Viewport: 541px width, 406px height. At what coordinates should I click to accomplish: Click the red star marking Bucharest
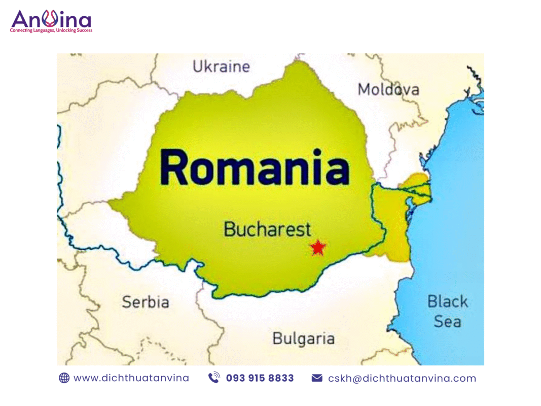point(317,248)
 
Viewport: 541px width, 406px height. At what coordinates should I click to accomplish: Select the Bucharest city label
point(267,229)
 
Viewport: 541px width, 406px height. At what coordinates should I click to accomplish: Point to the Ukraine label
point(221,66)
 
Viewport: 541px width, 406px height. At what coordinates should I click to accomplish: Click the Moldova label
point(388,90)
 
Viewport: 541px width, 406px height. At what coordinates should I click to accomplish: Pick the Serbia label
point(145,302)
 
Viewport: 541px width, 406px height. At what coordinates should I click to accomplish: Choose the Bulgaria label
point(303,339)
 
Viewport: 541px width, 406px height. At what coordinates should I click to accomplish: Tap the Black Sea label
point(447,311)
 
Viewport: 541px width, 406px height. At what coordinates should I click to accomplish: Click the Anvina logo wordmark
point(51,20)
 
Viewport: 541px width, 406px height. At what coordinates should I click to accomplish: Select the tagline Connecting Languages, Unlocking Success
point(51,31)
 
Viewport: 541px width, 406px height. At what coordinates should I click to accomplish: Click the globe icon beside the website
point(64,378)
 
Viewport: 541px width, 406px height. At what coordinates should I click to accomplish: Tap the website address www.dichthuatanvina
point(131,378)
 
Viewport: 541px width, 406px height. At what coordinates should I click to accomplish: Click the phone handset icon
point(214,378)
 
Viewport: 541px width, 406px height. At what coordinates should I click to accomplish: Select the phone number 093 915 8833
point(260,378)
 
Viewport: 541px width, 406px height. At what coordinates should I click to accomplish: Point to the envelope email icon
point(317,378)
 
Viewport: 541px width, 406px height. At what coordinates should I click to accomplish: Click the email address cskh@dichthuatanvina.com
point(402,378)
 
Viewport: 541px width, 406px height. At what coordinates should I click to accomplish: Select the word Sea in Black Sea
point(447,321)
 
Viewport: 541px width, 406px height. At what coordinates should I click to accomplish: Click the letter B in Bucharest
point(230,229)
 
